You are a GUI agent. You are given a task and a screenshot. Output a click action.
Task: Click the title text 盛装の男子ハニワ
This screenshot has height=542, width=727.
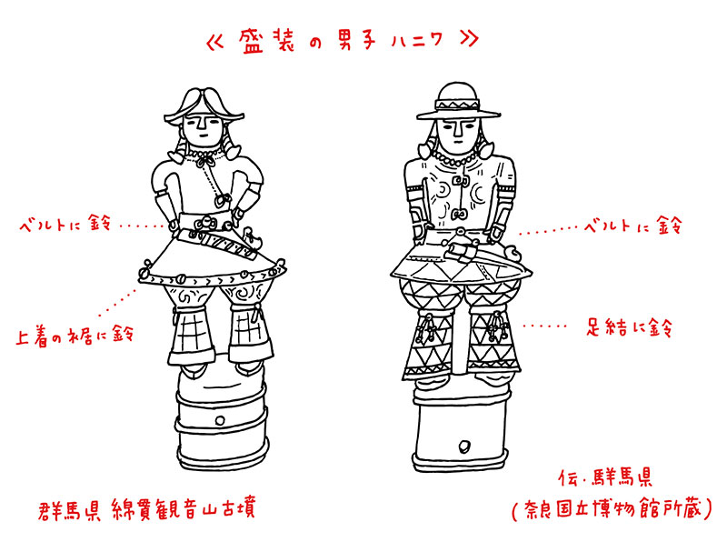click(341, 42)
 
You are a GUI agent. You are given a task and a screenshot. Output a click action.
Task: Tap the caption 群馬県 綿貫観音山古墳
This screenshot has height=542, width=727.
click(146, 509)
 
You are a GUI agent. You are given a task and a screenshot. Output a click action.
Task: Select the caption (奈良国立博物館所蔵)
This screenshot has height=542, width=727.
click(612, 509)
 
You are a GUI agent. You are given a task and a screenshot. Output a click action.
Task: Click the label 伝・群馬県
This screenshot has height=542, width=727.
click(605, 477)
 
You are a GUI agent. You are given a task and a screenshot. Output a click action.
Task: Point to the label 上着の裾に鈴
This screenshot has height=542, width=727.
click(75, 335)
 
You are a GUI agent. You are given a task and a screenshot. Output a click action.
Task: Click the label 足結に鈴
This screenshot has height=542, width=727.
click(629, 327)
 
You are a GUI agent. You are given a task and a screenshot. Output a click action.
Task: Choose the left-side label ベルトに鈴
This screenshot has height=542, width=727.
click(65, 224)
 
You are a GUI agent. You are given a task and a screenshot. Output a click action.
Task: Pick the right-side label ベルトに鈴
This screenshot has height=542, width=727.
click(632, 226)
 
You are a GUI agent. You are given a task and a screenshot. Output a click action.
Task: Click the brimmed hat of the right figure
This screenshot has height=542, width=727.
click(458, 102)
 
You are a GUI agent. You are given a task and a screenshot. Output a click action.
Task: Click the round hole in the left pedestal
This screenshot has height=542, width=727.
click(220, 421)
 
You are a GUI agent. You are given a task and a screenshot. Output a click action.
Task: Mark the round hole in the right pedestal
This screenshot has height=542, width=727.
click(463, 447)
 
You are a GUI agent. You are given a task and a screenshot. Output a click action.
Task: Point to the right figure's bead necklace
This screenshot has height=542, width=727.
click(457, 159)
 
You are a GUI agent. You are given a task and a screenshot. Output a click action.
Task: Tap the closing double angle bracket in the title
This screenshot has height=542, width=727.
click(469, 39)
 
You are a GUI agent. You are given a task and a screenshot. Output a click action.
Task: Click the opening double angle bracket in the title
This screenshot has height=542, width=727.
click(214, 42)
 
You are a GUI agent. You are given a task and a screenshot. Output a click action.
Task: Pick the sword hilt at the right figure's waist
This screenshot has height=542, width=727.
click(460, 252)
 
